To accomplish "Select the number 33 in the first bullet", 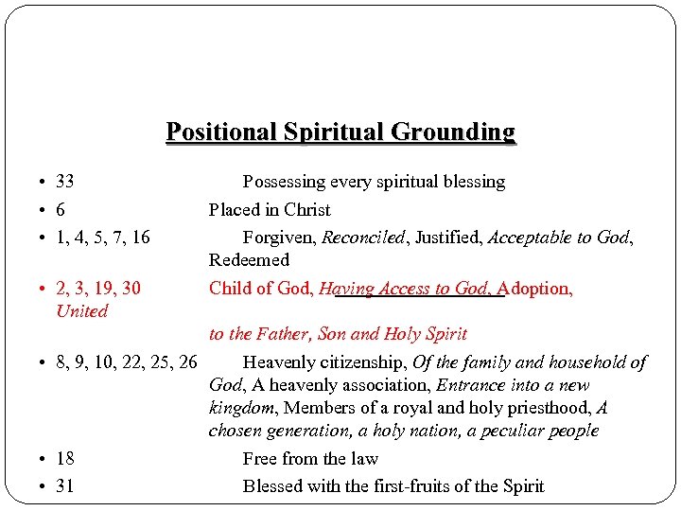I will [65, 182].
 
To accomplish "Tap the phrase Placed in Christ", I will [270, 210].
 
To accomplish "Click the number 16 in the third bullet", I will [140, 238].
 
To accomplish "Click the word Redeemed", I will [249, 260].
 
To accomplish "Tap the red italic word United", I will [82, 311].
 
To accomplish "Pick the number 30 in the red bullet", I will [131, 289].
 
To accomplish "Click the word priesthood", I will [539, 408].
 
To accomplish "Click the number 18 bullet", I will [65, 459].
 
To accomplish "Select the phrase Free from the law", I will [310, 459].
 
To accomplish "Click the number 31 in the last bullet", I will [65, 486].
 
